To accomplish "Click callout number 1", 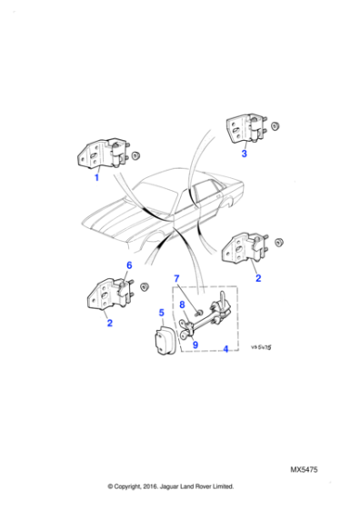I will pos(97,178).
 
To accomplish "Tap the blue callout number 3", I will pos(244,155).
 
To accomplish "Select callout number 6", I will pos(129,265).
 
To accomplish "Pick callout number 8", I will pos(183,305).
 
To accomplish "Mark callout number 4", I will pos(225,348).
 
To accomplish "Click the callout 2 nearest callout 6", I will pos(109,323).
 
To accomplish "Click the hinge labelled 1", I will pos(106,155).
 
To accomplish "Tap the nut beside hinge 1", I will pos(135,155).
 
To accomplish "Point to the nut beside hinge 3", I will pos(277,126).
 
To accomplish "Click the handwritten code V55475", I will pos(263,346).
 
